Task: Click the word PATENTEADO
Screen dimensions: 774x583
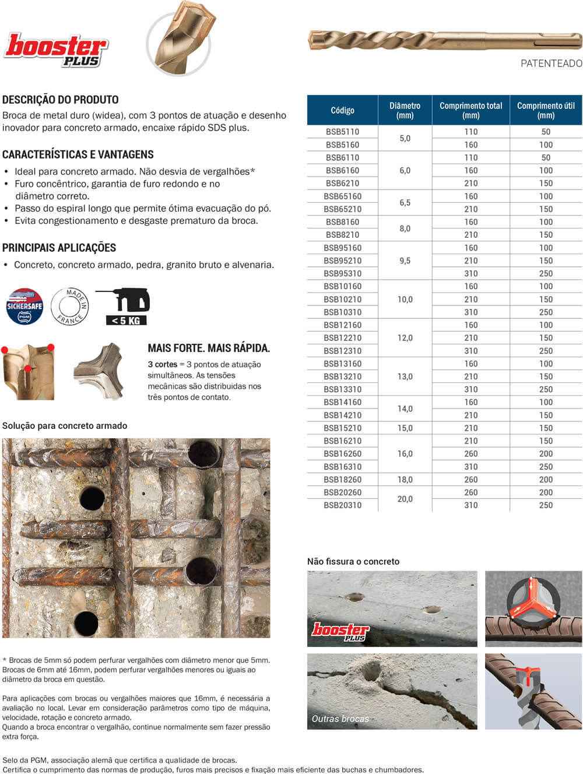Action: (551, 64)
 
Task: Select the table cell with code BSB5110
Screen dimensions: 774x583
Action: (342, 132)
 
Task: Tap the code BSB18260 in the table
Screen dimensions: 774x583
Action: (342, 480)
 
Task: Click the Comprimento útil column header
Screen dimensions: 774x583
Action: (546, 110)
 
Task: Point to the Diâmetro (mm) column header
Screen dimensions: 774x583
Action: (405, 110)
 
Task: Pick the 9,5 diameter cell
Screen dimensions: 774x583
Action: (405, 261)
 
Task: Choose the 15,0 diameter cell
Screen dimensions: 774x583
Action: (405, 428)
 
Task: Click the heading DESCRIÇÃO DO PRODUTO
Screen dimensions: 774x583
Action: (61, 100)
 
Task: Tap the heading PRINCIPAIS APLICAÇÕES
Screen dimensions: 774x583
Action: (59, 248)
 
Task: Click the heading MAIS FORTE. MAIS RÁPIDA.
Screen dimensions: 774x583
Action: (209, 349)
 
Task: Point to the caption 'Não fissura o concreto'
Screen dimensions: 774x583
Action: (353, 561)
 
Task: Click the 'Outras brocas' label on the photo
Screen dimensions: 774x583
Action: (340, 719)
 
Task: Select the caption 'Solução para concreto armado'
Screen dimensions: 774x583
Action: (65, 425)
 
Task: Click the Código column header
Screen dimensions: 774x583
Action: (342, 110)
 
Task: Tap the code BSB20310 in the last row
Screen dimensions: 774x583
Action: (342, 505)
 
